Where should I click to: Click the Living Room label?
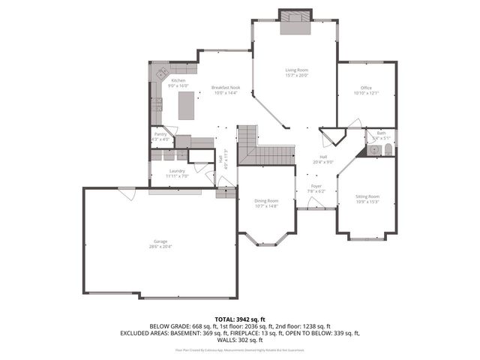tap(297, 70)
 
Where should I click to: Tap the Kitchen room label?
tap(178, 80)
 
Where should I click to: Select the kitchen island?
tap(185, 106)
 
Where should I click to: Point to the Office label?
tap(366, 88)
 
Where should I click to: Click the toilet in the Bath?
tap(387, 151)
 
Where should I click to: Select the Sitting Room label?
tap(367, 196)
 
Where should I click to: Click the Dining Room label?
tap(267, 200)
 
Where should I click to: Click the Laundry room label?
tap(178, 171)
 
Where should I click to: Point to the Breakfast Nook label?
tap(225, 87)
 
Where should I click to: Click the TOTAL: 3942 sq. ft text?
tap(240, 319)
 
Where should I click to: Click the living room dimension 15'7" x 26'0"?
tap(297, 75)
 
